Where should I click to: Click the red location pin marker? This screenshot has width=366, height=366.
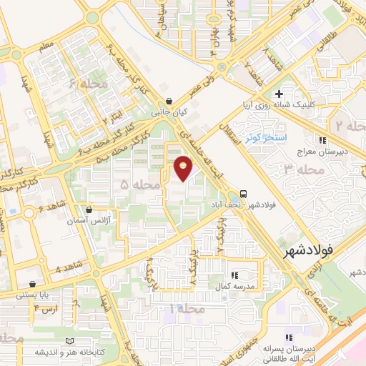(x=184, y=168)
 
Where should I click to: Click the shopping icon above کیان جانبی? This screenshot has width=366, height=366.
(x=168, y=102)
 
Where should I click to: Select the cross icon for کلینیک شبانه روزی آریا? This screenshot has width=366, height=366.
(x=280, y=94)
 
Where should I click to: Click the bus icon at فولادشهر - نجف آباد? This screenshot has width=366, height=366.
(x=244, y=193)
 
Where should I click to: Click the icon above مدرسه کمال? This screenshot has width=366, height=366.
(x=233, y=274)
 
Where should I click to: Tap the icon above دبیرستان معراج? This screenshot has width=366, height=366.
(x=322, y=140)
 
